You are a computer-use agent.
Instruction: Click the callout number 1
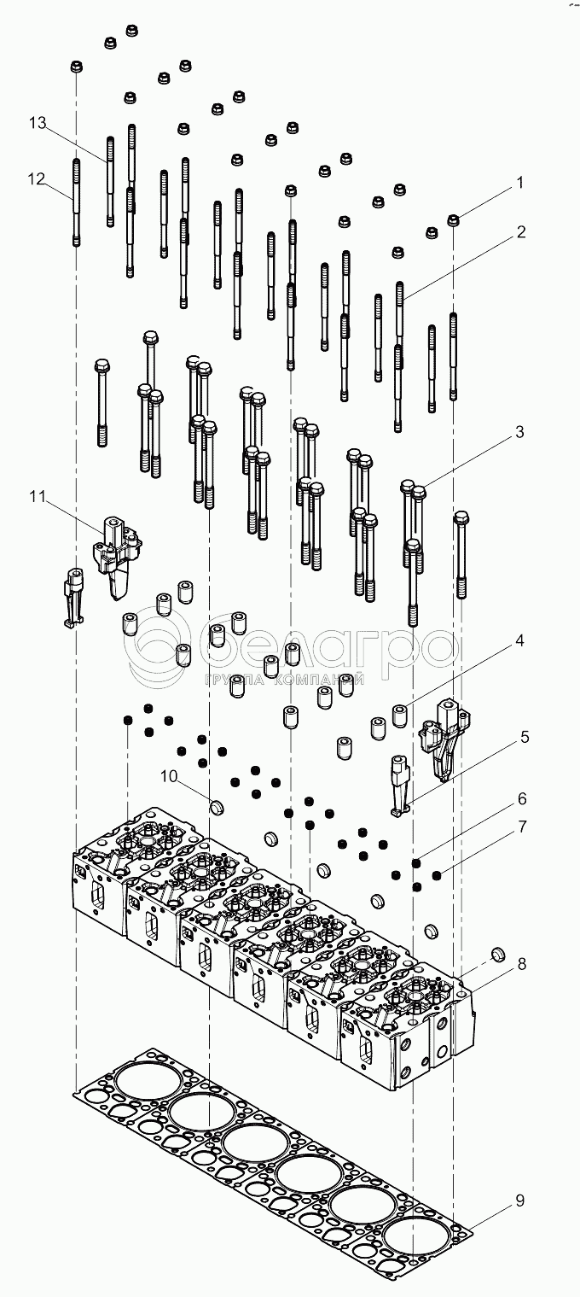point(519,183)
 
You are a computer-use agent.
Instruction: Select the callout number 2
point(519,231)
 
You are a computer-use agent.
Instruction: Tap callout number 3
point(519,432)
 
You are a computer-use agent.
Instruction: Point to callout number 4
point(519,663)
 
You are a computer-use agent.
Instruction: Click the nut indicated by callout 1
point(455,220)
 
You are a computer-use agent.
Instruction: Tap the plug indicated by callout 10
point(217,805)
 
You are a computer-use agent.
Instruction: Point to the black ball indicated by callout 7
point(437,874)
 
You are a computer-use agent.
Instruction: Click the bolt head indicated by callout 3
point(419,490)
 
